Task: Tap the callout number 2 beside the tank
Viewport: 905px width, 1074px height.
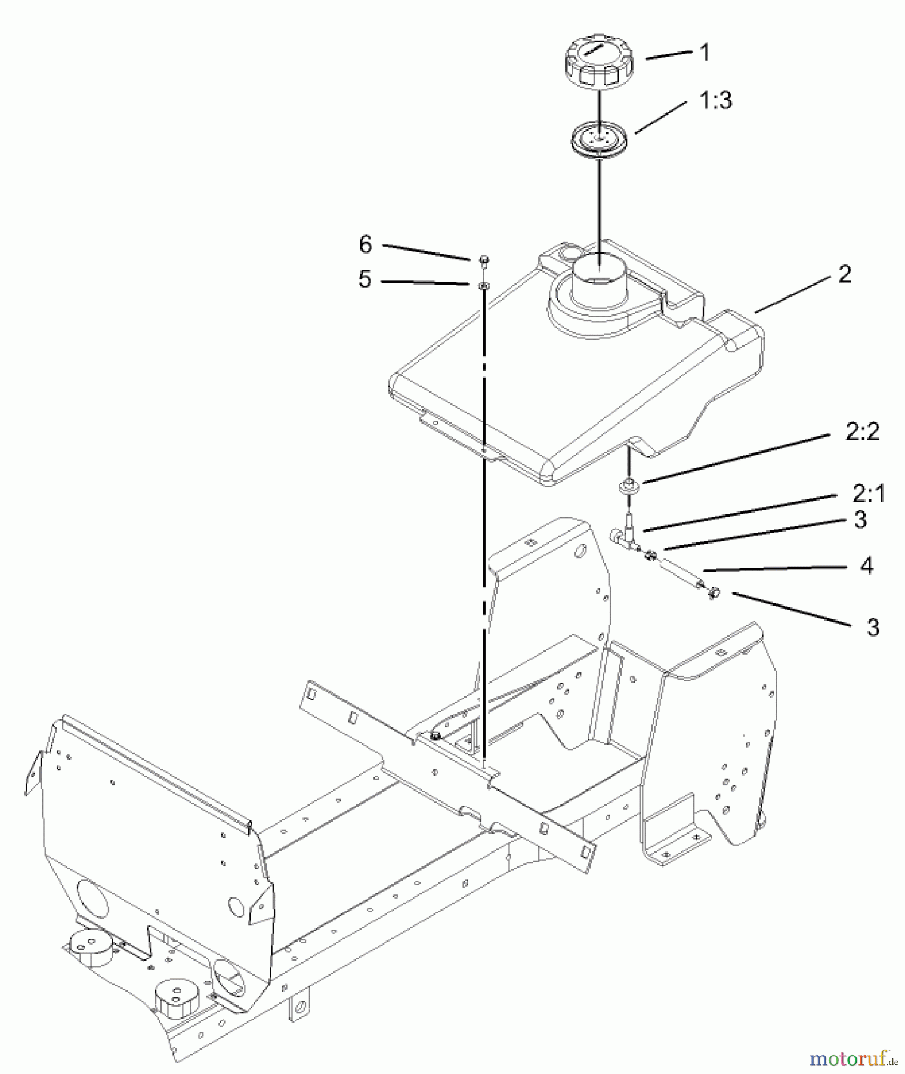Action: click(844, 274)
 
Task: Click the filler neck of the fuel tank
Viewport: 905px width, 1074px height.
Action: click(601, 279)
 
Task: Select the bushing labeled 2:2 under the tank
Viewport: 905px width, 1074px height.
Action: click(628, 486)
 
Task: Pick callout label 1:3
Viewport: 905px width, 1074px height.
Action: click(715, 100)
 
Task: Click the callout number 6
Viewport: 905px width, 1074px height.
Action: click(365, 244)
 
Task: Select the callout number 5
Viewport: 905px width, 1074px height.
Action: click(365, 279)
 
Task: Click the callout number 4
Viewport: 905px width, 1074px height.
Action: click(866, 565)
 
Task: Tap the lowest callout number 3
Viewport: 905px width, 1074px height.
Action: click(873, 627)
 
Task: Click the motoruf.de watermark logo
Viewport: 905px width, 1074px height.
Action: click(854, 1058)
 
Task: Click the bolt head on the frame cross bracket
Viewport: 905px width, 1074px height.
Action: click(436, 735)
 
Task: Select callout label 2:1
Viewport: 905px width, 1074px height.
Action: click(869, 493)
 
